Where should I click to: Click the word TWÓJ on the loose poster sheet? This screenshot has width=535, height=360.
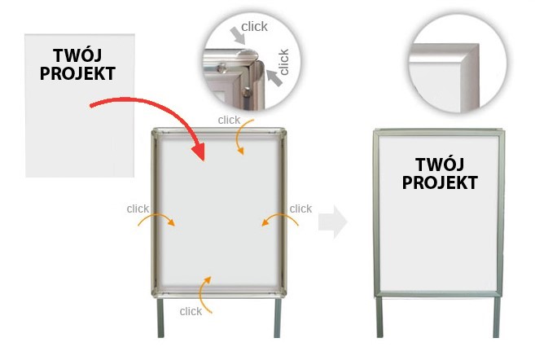point(77,55)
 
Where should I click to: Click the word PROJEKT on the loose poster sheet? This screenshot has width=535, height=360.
point(77,73)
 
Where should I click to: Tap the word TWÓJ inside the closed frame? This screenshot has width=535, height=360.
point(440,165)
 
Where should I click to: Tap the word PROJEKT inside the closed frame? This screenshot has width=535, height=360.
point(440,182)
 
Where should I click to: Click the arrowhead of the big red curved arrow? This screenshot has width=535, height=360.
point(200,151)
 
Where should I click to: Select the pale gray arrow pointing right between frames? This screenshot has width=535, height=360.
point(333,222)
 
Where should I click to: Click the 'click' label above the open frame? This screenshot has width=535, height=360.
point(229,120)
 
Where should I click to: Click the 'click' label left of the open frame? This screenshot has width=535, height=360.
point(138,209)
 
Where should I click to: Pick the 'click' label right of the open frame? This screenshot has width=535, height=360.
point(300,209)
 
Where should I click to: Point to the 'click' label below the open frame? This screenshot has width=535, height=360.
point(191,311)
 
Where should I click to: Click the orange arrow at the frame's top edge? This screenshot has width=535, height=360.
point(238,137)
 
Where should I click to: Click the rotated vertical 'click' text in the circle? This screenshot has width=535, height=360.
point(284,62)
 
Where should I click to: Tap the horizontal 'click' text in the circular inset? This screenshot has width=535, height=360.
point(254,27)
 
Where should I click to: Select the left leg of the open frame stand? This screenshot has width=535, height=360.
point(160,318)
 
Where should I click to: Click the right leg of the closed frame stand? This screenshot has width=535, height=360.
point(497,317)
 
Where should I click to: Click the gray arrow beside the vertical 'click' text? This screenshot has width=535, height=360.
point(274,77)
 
